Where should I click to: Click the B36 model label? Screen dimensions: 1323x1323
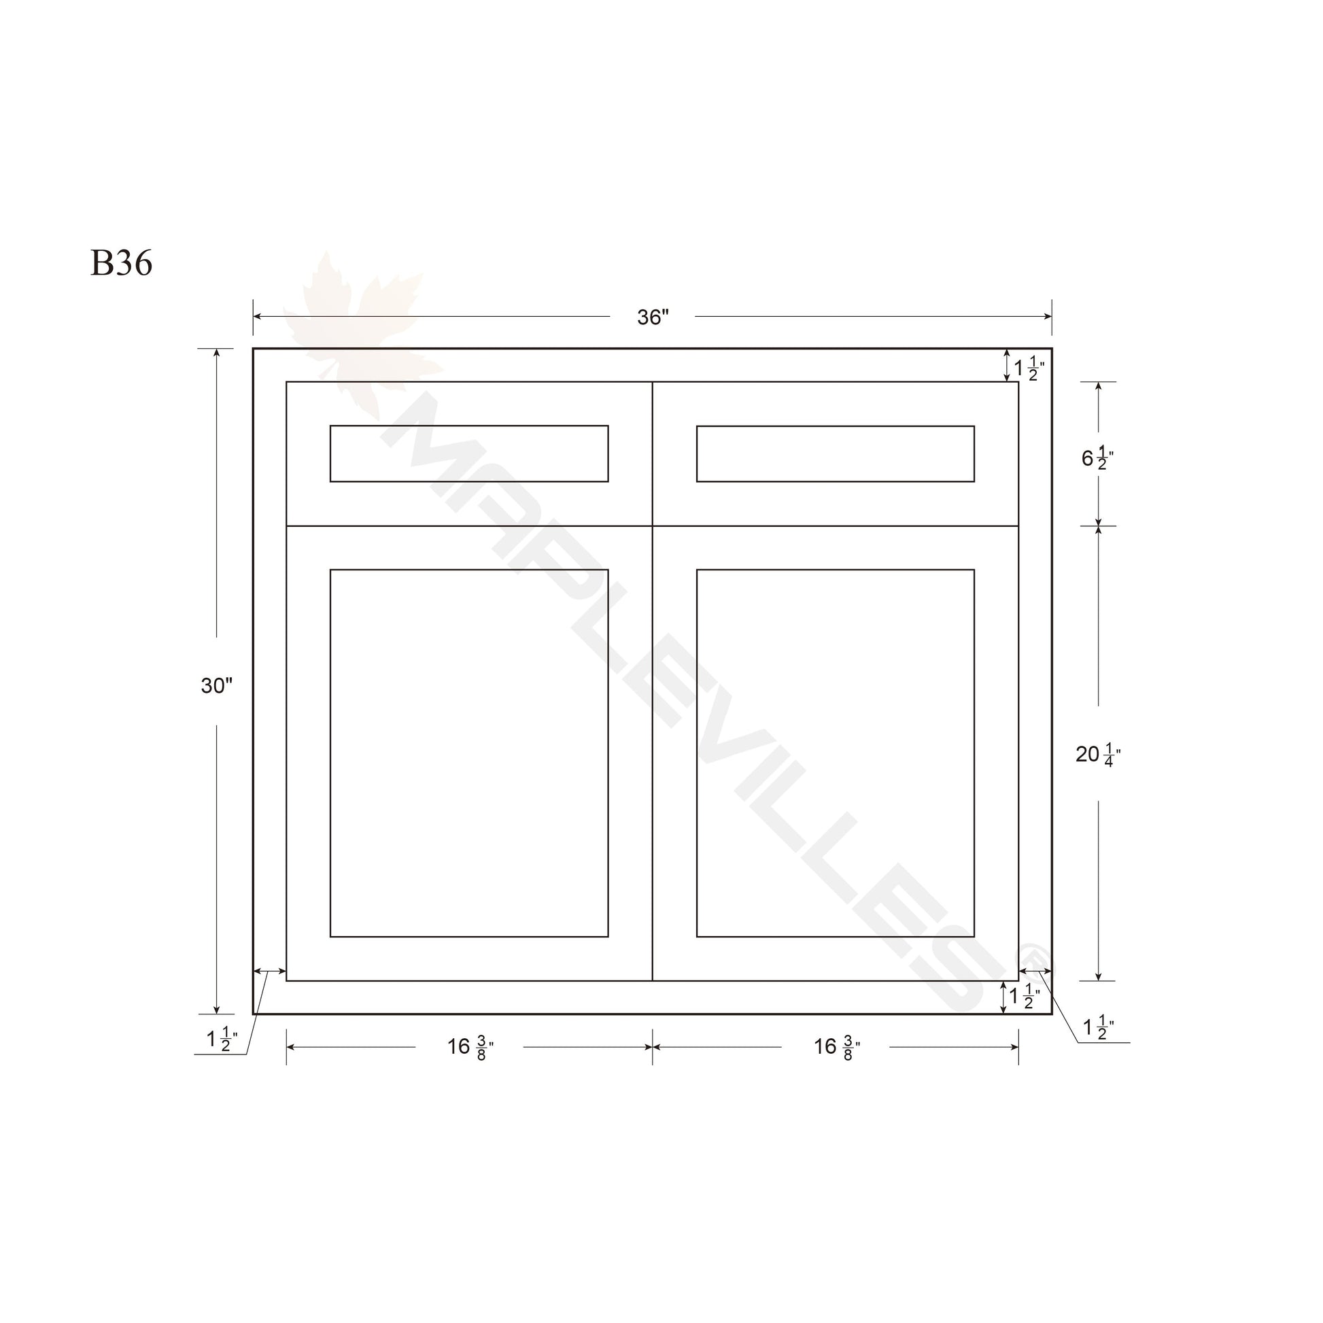click(121, 263)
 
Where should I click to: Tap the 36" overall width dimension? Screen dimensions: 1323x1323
click(653, 317)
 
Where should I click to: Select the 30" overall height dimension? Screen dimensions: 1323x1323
click(216, 685)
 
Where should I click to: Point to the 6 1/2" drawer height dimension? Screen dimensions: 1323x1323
click(1097, 458)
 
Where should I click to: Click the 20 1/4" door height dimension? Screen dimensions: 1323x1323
click(1098, 754)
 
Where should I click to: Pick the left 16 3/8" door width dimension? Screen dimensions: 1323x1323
click(470, 1047)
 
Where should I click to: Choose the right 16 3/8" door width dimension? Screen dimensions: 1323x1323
click(837, 1047)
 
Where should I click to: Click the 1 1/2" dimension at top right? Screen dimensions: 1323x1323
click(1029, 368)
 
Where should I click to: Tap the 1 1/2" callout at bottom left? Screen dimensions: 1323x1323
click(222, 1039)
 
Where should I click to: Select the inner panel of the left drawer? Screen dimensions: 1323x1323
click(469, 453)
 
